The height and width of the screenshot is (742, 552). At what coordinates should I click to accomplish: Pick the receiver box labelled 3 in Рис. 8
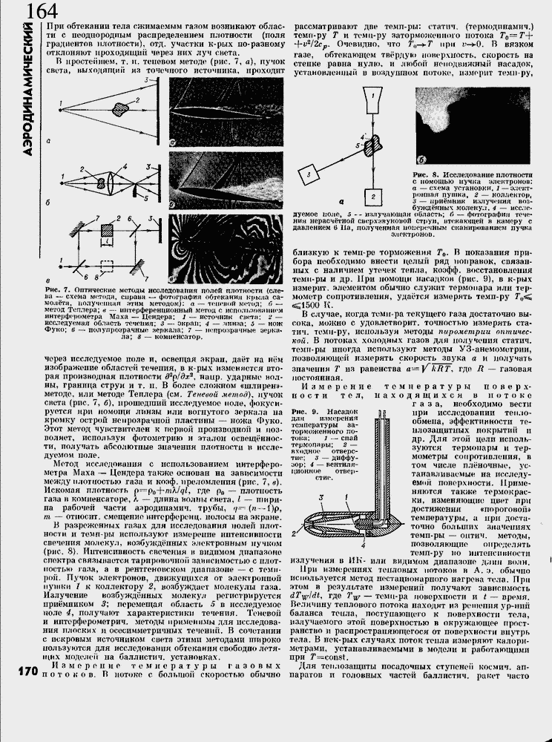click(309, 175)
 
